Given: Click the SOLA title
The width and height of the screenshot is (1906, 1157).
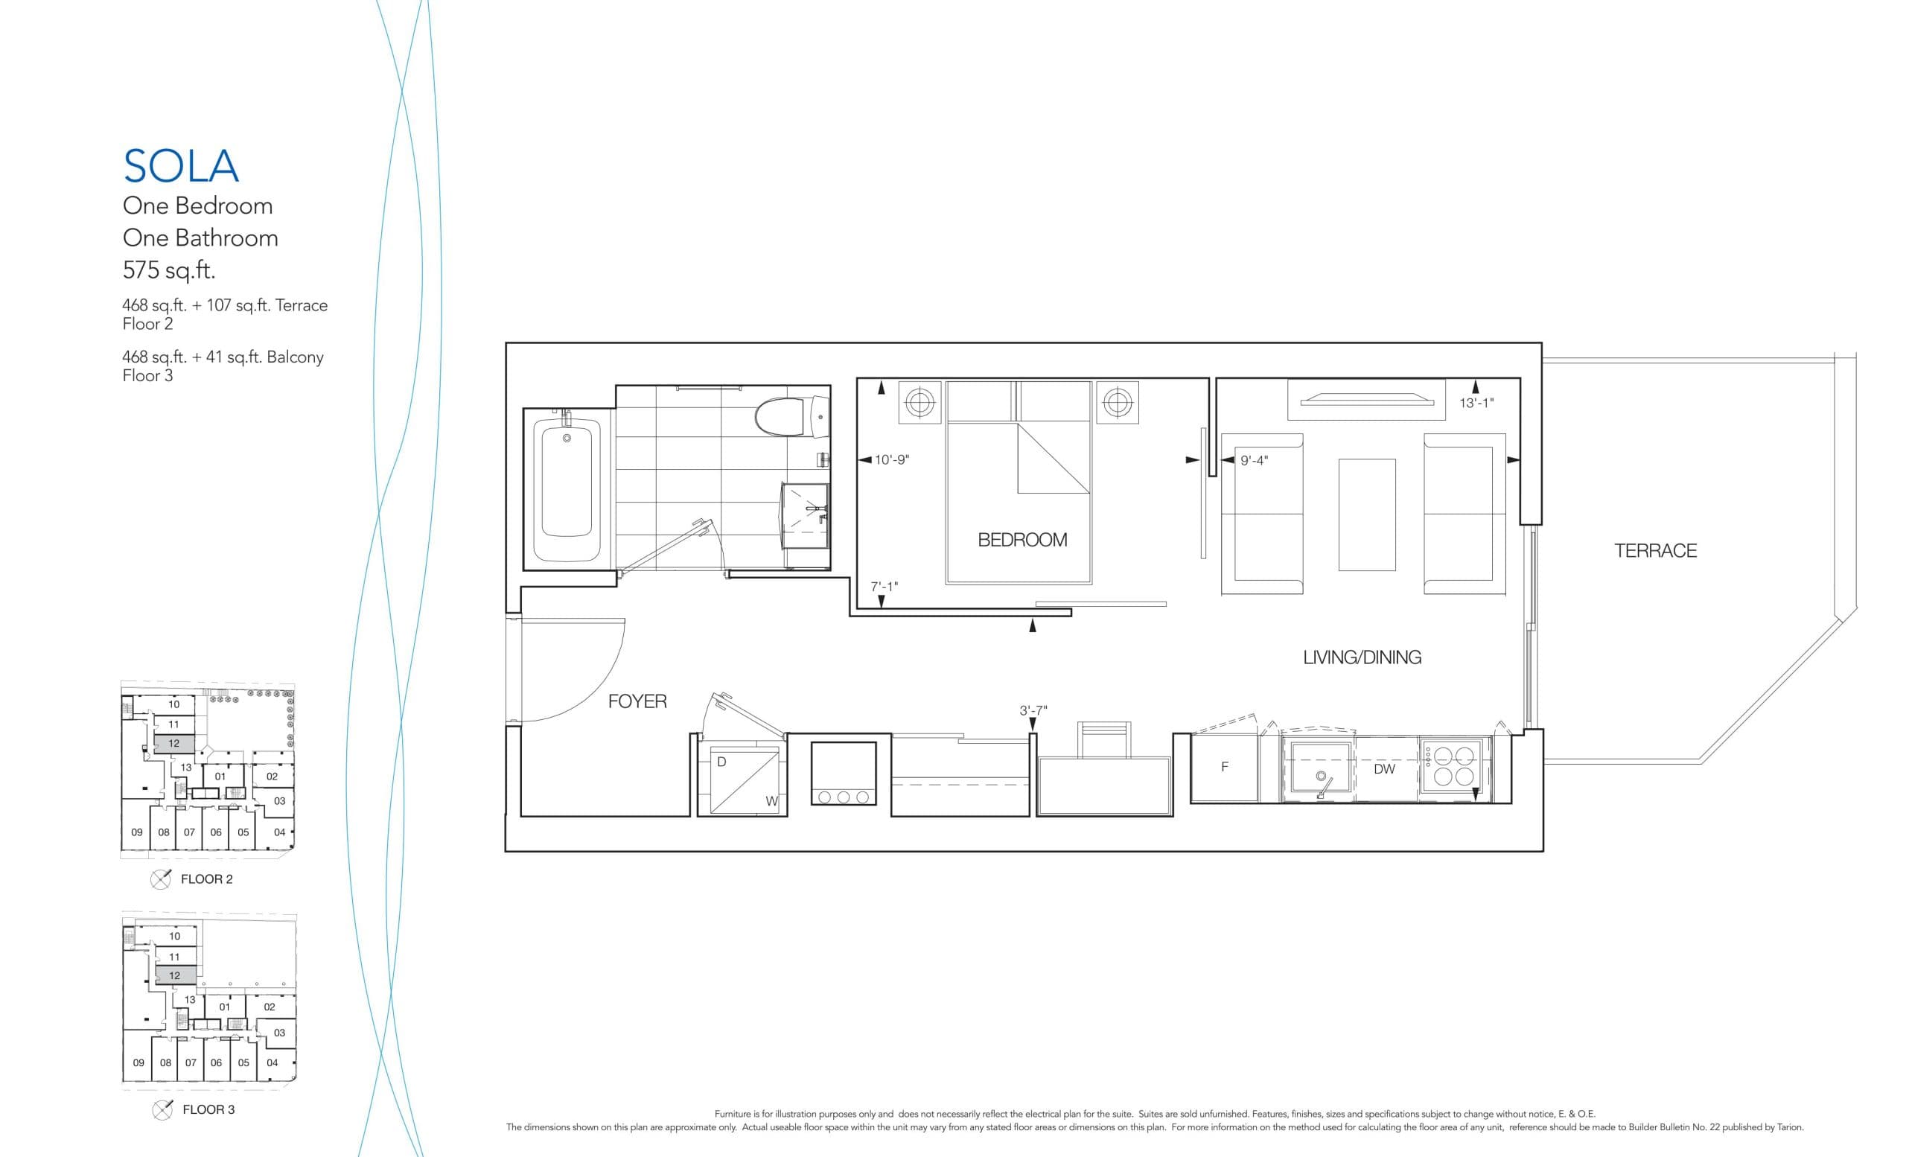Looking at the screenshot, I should point(181,166).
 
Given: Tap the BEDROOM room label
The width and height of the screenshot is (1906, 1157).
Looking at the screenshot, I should point(1021,540).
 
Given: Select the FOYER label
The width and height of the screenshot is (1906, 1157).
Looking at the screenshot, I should point(637,701).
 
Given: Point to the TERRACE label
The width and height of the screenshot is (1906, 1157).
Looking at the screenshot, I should point(1654,551).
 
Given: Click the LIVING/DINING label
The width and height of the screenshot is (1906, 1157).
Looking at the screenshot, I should point(1362,657).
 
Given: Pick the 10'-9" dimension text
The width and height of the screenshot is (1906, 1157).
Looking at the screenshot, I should point(891,460).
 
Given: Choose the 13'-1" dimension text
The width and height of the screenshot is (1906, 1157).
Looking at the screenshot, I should point(1476,403).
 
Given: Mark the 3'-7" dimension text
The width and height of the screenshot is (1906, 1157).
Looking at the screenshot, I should point(1033,710).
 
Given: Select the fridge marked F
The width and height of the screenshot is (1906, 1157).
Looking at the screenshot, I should point(1225,767).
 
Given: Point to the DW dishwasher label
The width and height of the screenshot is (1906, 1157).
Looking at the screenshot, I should point(1384,770).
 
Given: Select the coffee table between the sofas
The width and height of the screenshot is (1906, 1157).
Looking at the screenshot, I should point(1367,514).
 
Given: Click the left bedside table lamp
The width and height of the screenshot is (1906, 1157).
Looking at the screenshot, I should point(919,402).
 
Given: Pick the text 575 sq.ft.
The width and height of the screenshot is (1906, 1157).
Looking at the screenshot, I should point(168,270).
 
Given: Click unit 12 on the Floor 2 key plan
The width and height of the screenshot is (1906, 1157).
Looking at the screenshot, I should point(174,744).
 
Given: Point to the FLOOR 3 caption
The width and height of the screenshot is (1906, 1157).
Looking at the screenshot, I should point(208,1110).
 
